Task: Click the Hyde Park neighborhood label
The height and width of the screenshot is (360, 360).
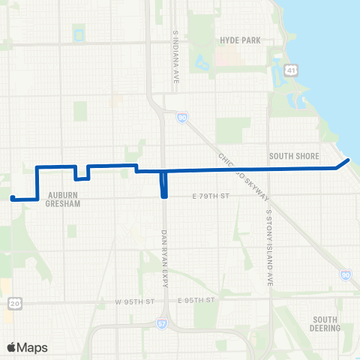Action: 240,40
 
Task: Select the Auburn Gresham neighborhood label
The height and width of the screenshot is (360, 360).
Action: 63,197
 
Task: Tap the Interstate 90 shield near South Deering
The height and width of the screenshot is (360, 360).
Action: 344,275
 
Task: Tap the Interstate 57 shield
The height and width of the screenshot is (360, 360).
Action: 162,322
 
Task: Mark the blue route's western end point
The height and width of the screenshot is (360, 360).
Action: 12,198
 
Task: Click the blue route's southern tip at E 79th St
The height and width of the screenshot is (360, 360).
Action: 163,196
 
